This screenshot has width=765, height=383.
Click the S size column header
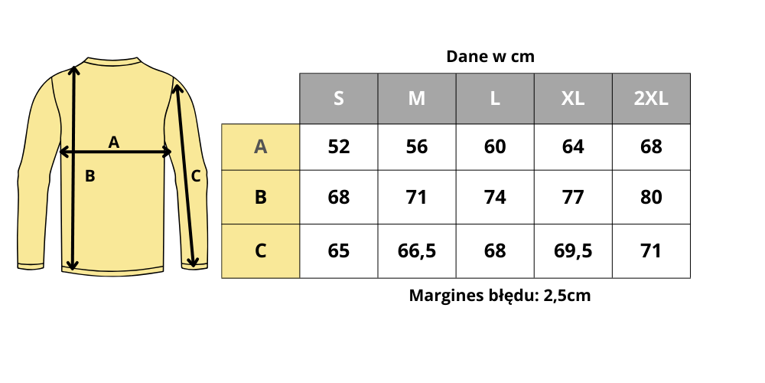coord(339,99)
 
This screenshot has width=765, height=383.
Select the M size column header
coord(417,99)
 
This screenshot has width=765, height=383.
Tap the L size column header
coord(495,99)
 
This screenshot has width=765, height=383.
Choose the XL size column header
coord(573,99)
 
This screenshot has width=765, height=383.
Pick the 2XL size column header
coord(651,99)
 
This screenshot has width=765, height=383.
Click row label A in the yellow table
coord(260,147)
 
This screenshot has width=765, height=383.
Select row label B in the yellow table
coord(260,197)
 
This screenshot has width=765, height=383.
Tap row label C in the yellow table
coord(260,250)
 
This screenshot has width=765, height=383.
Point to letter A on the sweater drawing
coord(114,142)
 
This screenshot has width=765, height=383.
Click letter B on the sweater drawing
coord(90,176)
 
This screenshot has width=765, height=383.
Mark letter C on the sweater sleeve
coord(195,176)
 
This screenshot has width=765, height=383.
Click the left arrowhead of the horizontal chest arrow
coord(63,152)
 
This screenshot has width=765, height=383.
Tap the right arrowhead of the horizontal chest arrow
coord(168,152)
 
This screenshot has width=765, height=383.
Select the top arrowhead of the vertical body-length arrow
coord(73,69)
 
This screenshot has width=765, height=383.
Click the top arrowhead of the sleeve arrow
coord(177,89)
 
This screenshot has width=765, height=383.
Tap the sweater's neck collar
coord(112,62)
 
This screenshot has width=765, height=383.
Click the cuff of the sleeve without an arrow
coord(31,266)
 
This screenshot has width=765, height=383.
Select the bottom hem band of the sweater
coord(112,271)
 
